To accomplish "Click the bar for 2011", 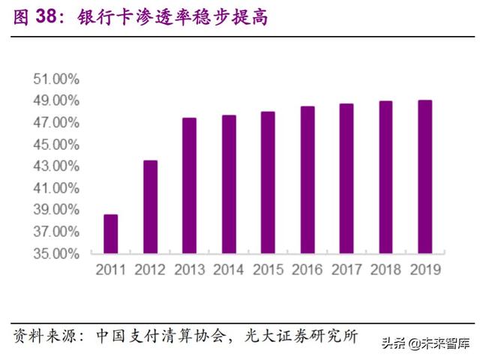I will point(110,234).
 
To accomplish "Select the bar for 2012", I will point(150,207).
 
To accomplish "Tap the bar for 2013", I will point(189,185).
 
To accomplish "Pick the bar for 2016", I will point(307,180).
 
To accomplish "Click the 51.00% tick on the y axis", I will point(56,79).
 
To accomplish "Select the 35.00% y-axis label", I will point(56,253).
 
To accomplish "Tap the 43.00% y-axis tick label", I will point(56,166).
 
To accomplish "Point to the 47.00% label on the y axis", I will point(56,122).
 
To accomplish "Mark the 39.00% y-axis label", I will point(56,210).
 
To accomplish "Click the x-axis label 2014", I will point(229,268).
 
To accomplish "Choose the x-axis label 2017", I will point(346,268).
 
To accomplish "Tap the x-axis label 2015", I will point(268,268).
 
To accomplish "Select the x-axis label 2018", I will point(385,268).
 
